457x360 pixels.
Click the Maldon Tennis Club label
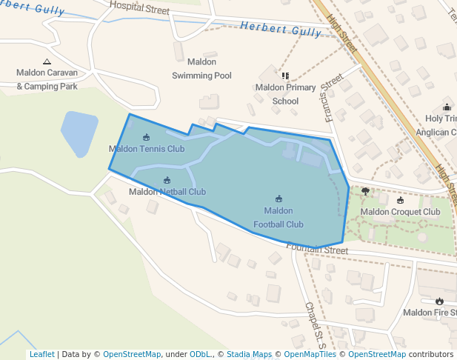(147, 149)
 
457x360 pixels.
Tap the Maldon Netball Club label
(167, 192)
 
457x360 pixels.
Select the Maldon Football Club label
(278, 218)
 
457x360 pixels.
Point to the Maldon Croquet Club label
(400, 212)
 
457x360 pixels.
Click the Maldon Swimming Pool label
(201, 69)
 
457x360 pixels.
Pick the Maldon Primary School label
(285, 94)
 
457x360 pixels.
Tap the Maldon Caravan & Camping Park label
(47, 80)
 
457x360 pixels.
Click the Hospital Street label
(139, 8)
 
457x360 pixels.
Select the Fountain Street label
(317, 250)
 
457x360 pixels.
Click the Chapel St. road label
(315, 324)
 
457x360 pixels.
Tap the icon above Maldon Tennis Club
(146, 137)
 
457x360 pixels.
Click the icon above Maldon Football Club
(279, 199)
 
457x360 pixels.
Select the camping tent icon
(47, 61)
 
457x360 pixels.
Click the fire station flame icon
(439, 301)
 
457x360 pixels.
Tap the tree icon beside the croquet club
(365, 191)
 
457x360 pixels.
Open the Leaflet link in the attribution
(41, 354)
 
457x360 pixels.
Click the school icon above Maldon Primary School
(285, 76)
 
